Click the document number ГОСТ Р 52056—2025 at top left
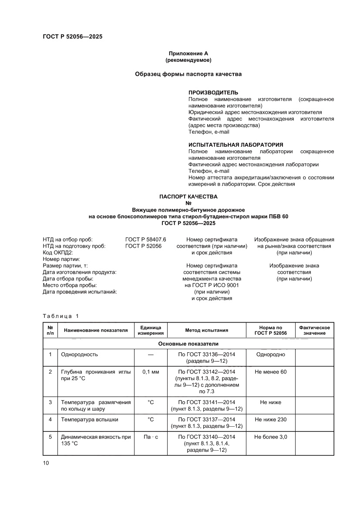[x=72, y=37]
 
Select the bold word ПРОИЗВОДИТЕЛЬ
[x=213, y=93]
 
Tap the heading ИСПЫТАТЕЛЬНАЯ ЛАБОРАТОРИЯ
[x=236, y=145]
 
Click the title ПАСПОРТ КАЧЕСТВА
[x=188, y=196]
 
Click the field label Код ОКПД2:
[x=57, y=253]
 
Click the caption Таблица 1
[x=61, y=316]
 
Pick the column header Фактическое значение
[x=314, y=330]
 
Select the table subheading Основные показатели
[x=188, y=344]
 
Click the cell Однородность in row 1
[x=80, y=354]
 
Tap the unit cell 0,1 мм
[x=151, y=372]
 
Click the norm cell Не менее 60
[x=270, y=372]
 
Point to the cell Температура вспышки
[x=83, y=420]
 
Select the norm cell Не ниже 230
[x=270, y=420]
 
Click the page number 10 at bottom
[x=46, y=463]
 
